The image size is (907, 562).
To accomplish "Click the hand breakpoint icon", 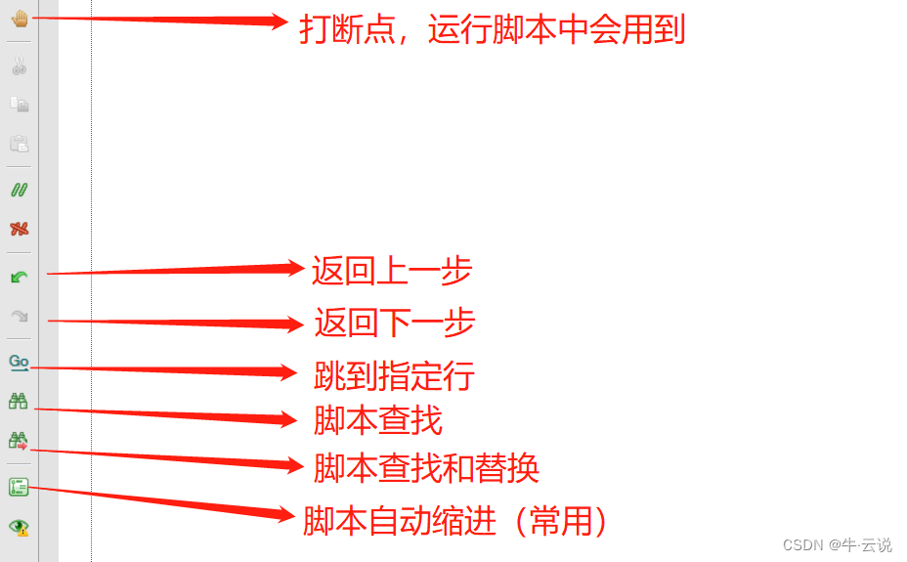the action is [19, 20].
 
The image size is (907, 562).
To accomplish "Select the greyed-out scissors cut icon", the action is [19, 66].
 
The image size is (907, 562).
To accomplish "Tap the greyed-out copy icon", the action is [19, 104].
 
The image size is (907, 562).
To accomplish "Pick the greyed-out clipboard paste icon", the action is [19, 144].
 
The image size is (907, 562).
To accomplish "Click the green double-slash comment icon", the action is [19, 190].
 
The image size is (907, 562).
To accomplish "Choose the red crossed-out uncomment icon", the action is [19, 229].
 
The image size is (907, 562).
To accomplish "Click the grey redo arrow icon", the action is [19, 316].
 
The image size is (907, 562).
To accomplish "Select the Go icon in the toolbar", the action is [19, 362].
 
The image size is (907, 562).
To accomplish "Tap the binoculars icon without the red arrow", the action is [19, 400].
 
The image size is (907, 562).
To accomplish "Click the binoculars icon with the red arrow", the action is [19, 440].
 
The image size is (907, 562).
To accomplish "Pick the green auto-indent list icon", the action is [19, 487].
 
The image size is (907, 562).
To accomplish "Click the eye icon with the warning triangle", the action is [19, 527].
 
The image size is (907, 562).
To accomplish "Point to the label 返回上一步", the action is [392, 271].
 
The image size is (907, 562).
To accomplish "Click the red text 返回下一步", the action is [395, 323].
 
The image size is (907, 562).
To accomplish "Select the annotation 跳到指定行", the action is [394, 375].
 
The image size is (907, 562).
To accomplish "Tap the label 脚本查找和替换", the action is [426, 468].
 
